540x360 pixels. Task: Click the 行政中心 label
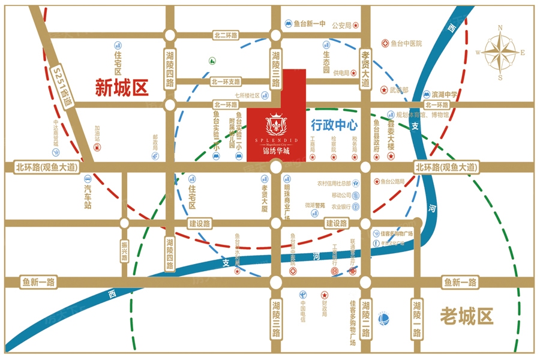tap(334, 125)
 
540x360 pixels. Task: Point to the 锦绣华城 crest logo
tap(276, 125)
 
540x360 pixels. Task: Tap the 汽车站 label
tap(88, 197)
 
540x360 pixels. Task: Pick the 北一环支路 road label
tap(226, 81)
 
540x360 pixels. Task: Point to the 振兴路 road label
tap(125, 251)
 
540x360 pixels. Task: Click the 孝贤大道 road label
tap(365, 70)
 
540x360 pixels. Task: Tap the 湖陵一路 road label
tap(416, 319)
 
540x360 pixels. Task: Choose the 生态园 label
tap(326, 56)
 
